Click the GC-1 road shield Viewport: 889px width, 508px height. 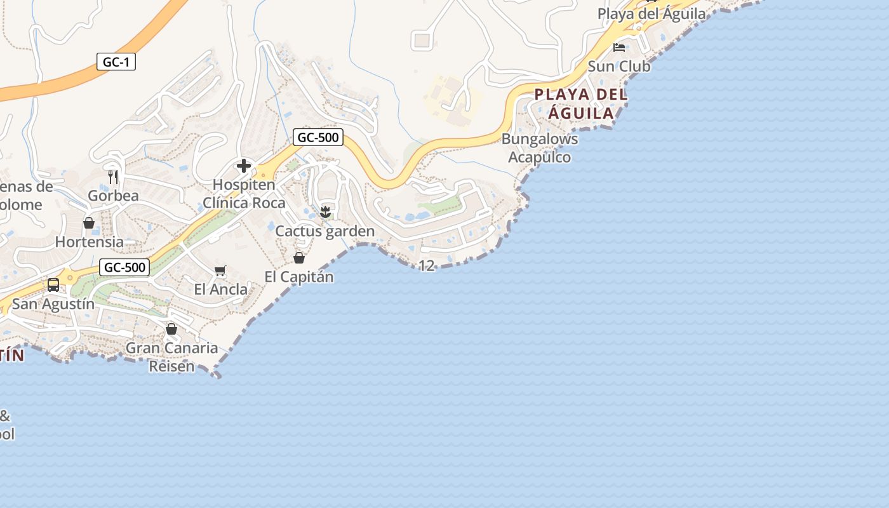(116, 62)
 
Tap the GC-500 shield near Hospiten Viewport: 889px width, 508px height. (318, 137)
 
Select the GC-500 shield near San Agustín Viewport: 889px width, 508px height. (125, 267)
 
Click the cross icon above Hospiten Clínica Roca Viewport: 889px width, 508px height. (244, 166)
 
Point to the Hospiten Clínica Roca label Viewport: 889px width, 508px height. (244, 194)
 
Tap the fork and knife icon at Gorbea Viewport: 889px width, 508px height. (113, 177)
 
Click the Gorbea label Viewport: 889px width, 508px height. (113, 196)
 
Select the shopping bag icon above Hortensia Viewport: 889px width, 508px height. (89, 223)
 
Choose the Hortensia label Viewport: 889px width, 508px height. (90, 242)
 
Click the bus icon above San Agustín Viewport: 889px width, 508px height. (53, 285)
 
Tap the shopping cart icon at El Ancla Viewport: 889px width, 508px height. (220, 271)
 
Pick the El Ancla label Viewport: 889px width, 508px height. (221, 290)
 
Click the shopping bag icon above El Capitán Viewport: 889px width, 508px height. (299, 258)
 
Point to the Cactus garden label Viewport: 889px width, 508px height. (325, 231)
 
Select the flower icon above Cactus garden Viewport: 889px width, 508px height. (325, 211)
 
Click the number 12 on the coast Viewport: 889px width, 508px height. (427, 265)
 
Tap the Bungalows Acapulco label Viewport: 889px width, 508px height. (540, 148)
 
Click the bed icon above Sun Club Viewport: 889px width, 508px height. (619, 48)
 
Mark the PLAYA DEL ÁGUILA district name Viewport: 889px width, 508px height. (580, 104)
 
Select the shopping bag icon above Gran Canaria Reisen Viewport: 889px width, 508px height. (171, 329)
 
